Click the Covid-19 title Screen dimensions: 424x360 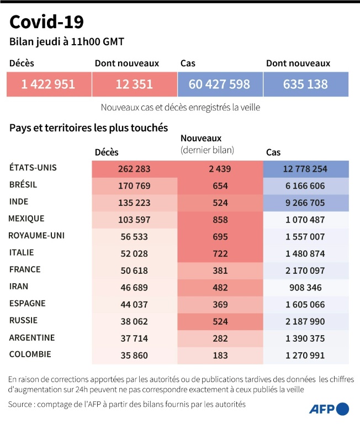click(47, 22)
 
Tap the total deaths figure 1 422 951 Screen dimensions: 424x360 click(49, 84)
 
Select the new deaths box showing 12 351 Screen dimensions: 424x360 click(134, 84)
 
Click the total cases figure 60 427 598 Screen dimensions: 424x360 click(219, 84)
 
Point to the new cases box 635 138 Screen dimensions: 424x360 click(305, 84)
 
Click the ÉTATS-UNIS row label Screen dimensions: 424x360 click(33, 167)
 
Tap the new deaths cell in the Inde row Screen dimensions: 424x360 click(220, 203)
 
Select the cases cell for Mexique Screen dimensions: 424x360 click(305, 220)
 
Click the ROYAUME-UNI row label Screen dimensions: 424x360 click(36, 236)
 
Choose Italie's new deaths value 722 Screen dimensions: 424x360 click(220, 253)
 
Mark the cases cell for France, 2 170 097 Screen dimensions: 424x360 click(305, 271)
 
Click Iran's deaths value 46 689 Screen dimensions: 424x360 click(134, 288)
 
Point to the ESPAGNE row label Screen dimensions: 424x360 click(28, 304)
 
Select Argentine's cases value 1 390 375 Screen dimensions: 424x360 click(305, 338)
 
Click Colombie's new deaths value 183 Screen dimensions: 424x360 click(220, 356)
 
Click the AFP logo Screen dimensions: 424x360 click(329, 409)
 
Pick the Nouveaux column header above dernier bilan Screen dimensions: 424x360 click(201, 139)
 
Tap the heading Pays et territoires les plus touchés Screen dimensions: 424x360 click(88, 128)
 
